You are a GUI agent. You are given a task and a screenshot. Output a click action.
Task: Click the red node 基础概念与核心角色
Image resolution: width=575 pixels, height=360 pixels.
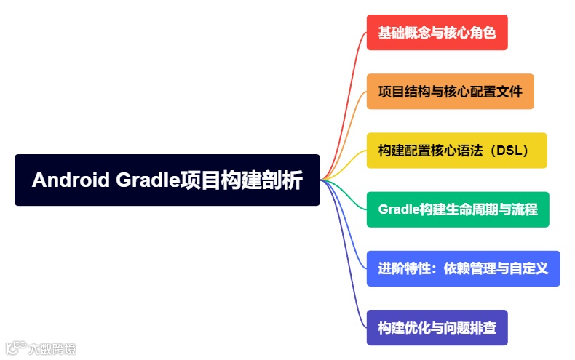point(437,33)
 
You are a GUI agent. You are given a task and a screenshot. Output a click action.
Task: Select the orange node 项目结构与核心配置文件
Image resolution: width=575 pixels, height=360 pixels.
point(450,92)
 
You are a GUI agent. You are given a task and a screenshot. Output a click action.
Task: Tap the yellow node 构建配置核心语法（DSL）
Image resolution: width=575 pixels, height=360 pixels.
point(456,151)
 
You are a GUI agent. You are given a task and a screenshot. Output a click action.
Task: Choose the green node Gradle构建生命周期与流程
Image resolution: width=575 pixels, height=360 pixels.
point(457,209)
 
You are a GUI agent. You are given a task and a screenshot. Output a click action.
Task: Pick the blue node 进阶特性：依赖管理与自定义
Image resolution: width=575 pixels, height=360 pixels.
point(463,268)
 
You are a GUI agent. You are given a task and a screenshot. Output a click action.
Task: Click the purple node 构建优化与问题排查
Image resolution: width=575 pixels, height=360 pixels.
point(437,327)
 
